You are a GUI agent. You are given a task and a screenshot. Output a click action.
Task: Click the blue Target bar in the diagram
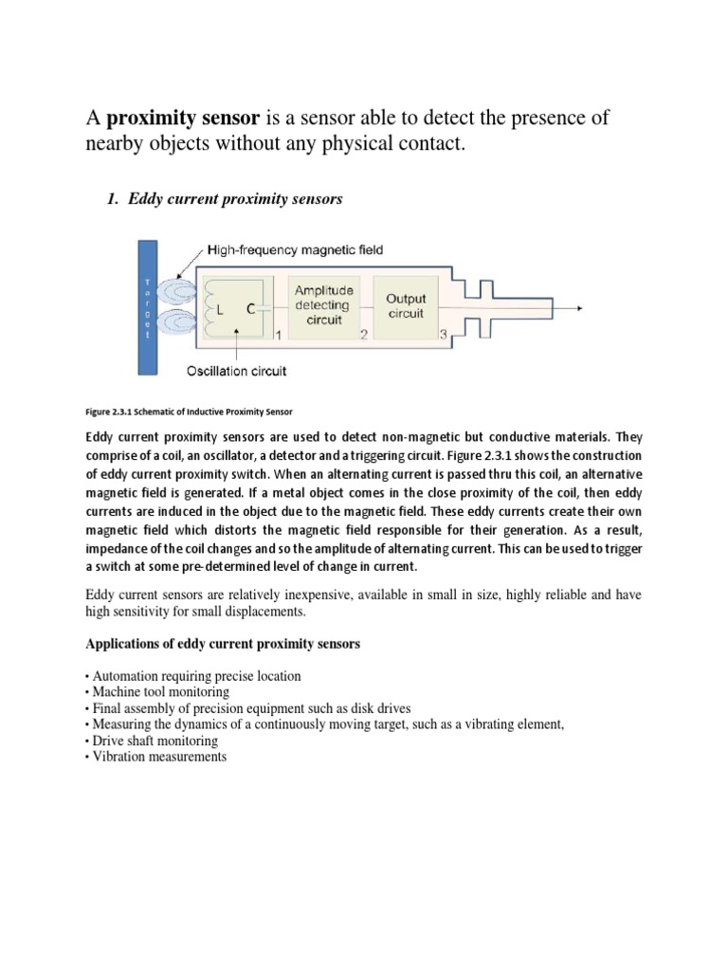pyautogui.click(x=148, y=307)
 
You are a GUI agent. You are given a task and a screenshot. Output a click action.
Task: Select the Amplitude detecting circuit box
pyautogui.click(x=323, y=305)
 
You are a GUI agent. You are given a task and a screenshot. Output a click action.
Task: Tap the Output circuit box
pyautogui.click(x=406, y=305)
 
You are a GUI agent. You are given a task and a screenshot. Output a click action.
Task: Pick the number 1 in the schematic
pyautogui.click(x=278, y=335)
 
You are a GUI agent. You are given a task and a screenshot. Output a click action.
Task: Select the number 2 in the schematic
pyautogui.click(x=362, y=335)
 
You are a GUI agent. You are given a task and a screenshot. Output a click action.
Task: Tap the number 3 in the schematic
pyautogui.click(x=443, y=335)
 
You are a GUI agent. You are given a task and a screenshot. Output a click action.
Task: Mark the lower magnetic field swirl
pyautogui.click(x=175, y=323)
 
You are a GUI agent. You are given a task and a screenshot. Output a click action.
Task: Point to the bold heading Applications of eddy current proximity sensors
pyautogui.click(x=223, y=644)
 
